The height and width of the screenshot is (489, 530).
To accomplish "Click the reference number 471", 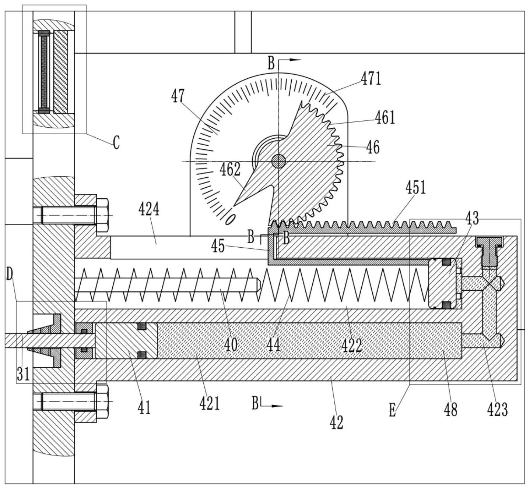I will click(x=370, y=78).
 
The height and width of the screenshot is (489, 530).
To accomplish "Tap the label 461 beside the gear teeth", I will click(x=385, y=117).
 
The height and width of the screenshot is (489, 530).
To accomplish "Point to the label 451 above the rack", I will click(x=415, y=188).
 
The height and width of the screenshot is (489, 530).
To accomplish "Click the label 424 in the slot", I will click(x=149, y=209).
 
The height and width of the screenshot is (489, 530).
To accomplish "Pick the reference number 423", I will click(x=497, y=410).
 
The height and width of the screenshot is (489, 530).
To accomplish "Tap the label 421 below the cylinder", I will click(x=209, y=404).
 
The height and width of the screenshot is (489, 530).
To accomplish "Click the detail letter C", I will click(x=116, y=142).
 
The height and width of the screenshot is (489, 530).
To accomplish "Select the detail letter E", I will click(x=392, y=410).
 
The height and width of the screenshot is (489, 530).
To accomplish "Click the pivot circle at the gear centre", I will click(x=279, y=161).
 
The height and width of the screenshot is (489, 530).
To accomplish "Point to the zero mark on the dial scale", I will click(x=230, y=219).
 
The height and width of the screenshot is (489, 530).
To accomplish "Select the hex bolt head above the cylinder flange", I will click(x=102, y=213).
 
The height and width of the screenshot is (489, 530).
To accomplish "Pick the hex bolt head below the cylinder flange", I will click(x=102, y=401).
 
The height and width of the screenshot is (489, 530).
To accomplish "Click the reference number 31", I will click(x=22, y=374).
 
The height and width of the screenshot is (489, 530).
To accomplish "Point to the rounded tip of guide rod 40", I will click(x=259, y=285).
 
